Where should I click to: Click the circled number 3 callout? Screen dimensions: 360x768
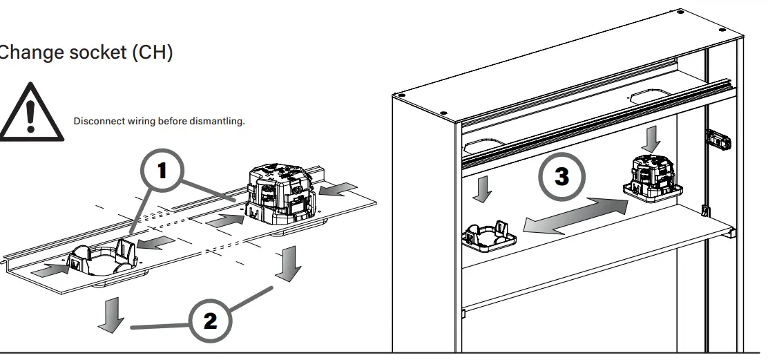562,176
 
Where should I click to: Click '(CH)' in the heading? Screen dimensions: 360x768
151,52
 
